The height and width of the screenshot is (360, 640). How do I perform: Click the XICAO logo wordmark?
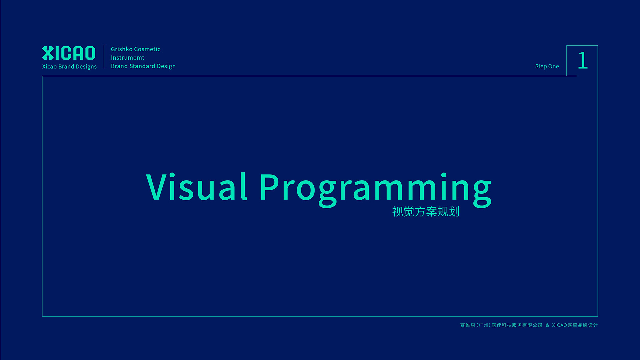(x=69, y=53)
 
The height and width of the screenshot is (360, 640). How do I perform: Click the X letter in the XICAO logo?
(x=48, y=53)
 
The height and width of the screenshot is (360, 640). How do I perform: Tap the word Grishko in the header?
(x=122, y=49)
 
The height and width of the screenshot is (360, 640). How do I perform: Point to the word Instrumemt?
(x=128, y=58)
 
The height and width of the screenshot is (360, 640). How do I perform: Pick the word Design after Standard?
(x=166, y=66)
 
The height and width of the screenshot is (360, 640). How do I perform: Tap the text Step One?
(x=547, y=66)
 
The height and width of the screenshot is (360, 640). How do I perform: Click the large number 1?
(x=583, y=60)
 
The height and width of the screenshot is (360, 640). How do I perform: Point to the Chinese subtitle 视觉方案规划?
(x=426, y=211)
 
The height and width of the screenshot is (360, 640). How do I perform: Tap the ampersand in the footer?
(x=547, y=325)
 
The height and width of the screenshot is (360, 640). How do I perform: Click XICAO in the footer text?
(x=559, y=325)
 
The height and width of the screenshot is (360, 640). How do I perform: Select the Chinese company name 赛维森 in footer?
(x=468, y=325)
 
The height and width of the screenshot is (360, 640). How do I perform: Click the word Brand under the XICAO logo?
(x=66, y=66)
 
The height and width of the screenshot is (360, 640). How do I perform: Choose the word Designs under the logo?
(x=86, y=67)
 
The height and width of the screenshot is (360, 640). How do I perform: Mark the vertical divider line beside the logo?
(x=104, y=57)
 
